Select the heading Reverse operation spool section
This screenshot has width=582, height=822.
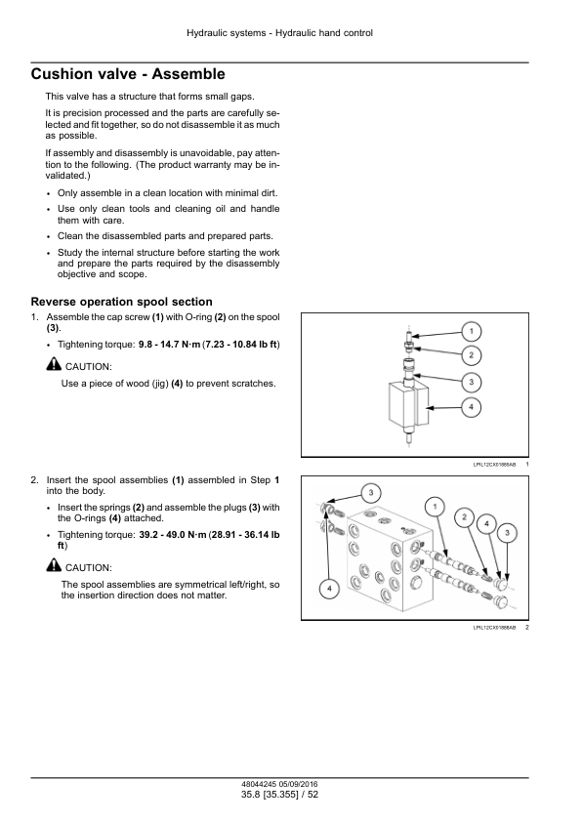[122, 302]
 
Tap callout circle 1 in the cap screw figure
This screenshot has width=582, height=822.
[471, 331]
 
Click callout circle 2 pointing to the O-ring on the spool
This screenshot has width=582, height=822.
[471, 355]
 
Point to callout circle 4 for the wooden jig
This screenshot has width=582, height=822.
[471, 407]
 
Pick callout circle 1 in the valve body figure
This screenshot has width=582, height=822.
[435, 507]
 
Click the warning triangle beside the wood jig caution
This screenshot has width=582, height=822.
[54, 364]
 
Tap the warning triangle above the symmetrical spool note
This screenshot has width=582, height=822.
[54, 565]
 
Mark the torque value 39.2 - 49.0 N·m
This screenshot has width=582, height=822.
[173, 535]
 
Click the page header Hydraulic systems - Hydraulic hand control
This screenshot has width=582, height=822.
[279, 33]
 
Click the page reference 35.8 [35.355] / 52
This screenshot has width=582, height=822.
[279, 795]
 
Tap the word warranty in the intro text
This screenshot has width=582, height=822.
[208, 165]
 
